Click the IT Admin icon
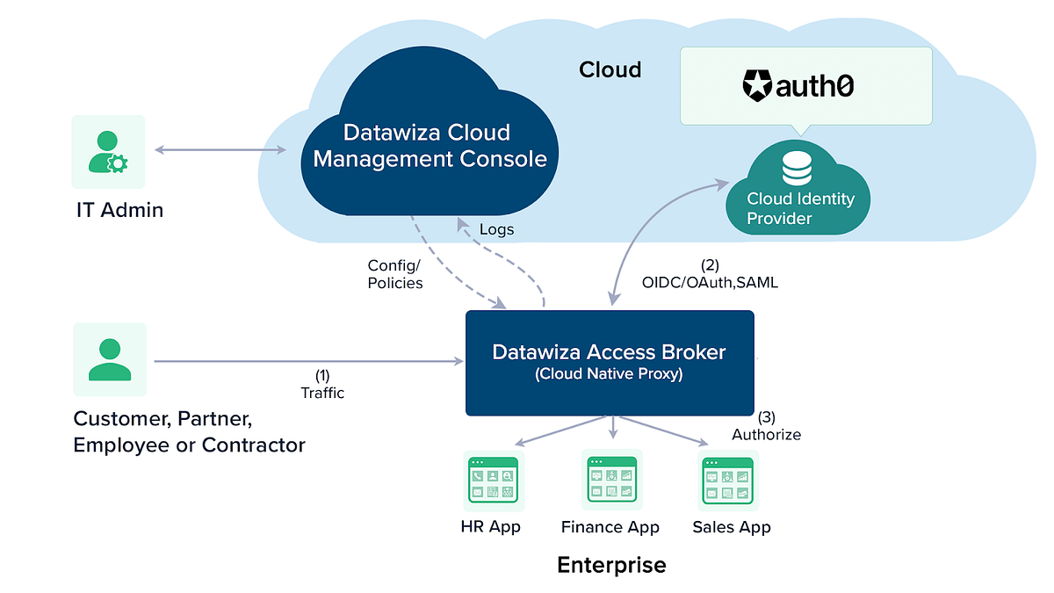108,151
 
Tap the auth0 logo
798,86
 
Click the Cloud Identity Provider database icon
797,168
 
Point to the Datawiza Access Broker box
609,362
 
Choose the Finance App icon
611,480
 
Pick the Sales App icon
728,481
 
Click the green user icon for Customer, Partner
110,358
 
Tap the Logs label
496,229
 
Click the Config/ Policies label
394,274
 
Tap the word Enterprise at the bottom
611,564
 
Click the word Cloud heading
610,69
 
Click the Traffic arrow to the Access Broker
307,360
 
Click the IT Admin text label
118,210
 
